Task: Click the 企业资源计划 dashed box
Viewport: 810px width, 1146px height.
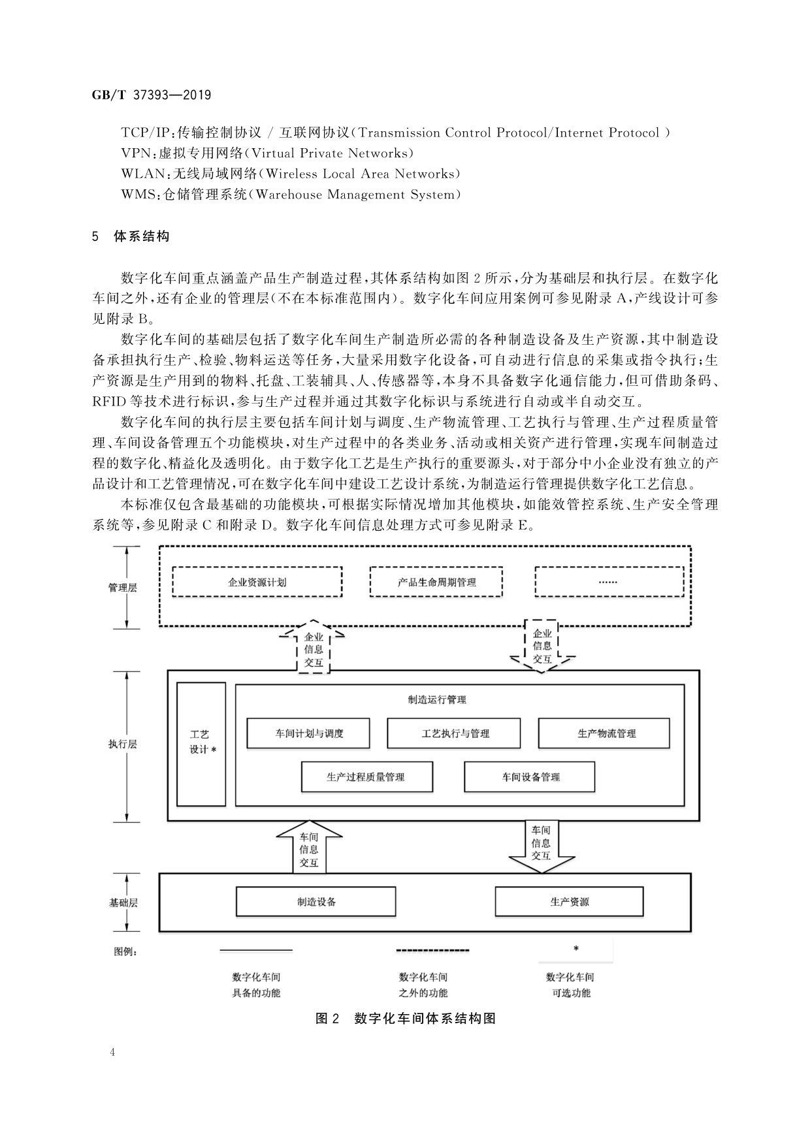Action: point(257,582)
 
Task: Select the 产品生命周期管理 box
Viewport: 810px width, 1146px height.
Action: point(436,582)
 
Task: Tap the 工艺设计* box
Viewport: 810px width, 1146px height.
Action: point(201,744)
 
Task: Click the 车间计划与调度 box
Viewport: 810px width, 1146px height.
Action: point(308,733)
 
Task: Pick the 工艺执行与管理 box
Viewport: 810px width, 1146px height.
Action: point(454,733)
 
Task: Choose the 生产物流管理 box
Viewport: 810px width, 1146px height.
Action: point(604,733)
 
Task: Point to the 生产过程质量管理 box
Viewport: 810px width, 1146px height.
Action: point(367,777)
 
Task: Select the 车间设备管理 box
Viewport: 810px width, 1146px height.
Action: point(530,777)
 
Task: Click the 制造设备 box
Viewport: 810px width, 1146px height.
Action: point(316,902)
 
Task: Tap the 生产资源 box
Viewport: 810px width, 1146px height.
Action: point(569,902)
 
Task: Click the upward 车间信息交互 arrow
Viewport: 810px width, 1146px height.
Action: point(309,848)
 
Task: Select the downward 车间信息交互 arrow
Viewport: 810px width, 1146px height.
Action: point(541,844)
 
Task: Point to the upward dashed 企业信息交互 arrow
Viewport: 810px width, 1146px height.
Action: point(314,648)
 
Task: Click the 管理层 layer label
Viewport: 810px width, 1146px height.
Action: point(123,587)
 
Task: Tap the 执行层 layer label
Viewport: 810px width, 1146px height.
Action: point(123,744)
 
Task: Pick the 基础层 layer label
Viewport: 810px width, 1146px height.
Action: point(123,903)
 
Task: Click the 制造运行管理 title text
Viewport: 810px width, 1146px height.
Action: point(437,699)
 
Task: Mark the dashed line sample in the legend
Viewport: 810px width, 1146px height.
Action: point(432,949)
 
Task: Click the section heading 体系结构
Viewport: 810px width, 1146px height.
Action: point(142,236)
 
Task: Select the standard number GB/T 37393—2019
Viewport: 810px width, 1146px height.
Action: point(152,95)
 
